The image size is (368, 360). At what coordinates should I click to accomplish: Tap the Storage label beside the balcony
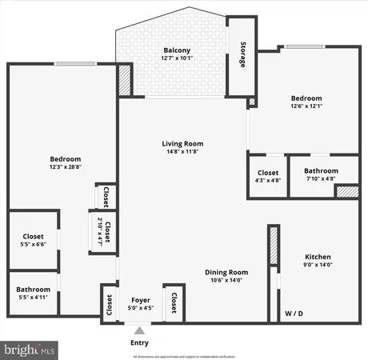pyautogui.click(x=241, y=53)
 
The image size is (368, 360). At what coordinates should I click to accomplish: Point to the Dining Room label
pyautogui.click(x=226, y=271)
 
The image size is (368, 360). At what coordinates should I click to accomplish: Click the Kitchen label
pyautogui.click(x=318, y=258)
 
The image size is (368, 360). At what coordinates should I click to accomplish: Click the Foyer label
pyautogui.click(x=141, y=301)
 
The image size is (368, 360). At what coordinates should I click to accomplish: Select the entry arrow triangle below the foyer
pyautogui.click(x=140, y=330)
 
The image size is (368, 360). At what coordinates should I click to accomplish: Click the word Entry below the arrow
pyautogui.click(x=140, y=343)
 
